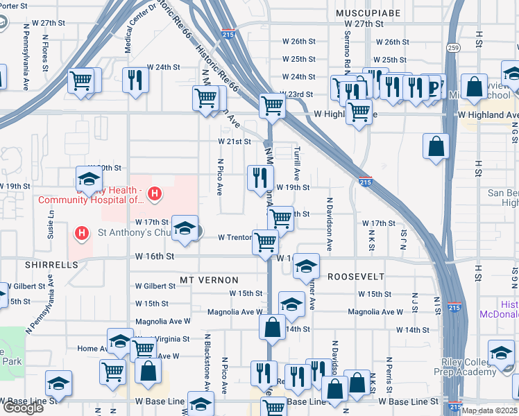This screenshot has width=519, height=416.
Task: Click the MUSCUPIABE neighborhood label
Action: point(364,12)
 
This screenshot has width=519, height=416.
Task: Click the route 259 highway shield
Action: point(453,48)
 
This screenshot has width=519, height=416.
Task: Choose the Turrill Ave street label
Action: point(297,164)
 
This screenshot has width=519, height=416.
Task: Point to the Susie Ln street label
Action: point(51,222)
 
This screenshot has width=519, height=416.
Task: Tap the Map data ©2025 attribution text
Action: point(490,410)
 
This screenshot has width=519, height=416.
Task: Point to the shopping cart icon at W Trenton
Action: point(266,242)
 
